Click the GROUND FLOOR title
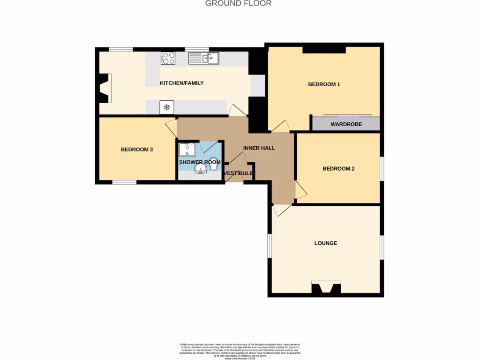[238, 3]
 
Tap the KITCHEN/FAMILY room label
[182, 83]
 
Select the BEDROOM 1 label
[324, 84]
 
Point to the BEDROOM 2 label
[338, 169]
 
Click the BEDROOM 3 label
[137, 150]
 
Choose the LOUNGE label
[326, 243]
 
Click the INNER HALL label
[259, 148]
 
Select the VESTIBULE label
[239, 173]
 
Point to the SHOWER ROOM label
[200, 162]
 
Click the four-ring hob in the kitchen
[168, 58]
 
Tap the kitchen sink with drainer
[203, 58]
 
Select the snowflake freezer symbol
[166, 107]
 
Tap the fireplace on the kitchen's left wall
[105, 88]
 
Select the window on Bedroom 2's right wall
[382, 168]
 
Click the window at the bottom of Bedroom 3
[124, 182]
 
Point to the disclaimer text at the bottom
[240, 351]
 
